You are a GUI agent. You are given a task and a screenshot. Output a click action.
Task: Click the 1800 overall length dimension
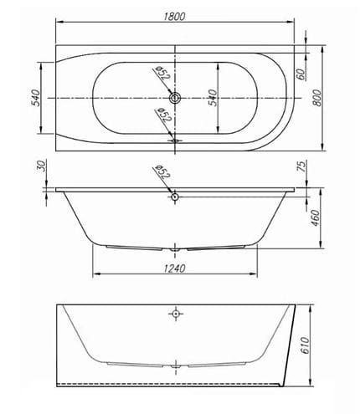pyautogui.click(x=174, y=17)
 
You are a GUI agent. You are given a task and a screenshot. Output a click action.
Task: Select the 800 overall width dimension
pyautogui.click(x=316, y=98)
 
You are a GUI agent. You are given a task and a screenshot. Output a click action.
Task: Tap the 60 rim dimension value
pyautogui.click(x=301, y=74)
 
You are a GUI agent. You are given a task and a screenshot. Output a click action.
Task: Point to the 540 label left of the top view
pyautogui.click(x=35, y=98)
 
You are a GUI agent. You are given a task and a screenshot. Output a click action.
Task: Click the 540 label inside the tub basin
pyautogui.click(x=213, y=98)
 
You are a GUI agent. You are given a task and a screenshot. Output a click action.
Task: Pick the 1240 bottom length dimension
pyautogui.click(x=174, y=268)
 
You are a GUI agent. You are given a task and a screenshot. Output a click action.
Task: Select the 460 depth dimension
pyautogui.click(x=315, y=218)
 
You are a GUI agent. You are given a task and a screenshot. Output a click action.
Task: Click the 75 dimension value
pyautogui.click(x=302, y=166)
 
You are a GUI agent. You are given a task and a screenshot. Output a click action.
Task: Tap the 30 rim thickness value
pyautogui.click(x=41, y=166)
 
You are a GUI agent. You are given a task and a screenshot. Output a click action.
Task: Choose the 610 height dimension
pyautogui.click(x=306, y=345)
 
